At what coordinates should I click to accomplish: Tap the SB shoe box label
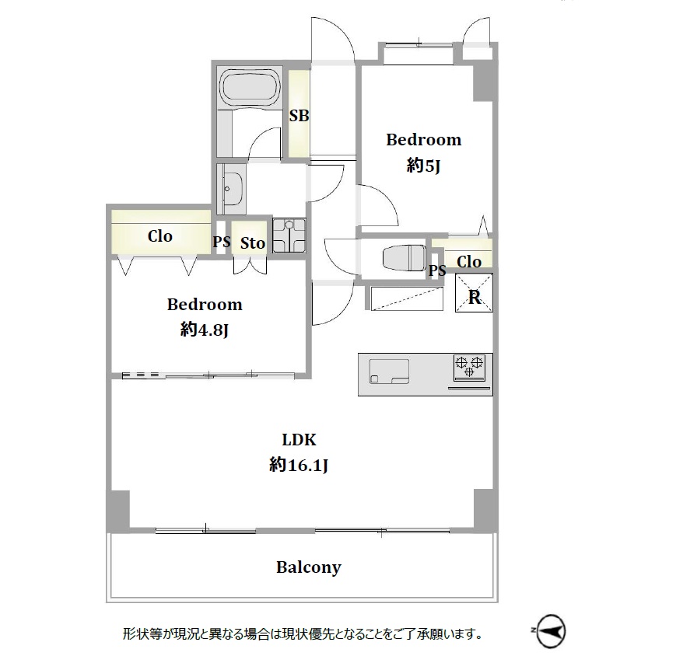(x=299, y=116)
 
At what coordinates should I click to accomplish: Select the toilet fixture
(x=404, y=257)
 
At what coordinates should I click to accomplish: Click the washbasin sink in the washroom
(x=233, y=189)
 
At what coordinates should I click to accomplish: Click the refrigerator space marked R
(x=474, y=292)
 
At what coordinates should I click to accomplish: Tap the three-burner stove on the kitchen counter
(x=470, y=368)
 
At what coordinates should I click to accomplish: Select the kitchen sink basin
(x=389, y=372)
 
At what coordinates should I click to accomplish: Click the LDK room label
(x=299, y=440)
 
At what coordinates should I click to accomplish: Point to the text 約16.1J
(x=299, y=466)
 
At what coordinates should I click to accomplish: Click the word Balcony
(x=309, y=567)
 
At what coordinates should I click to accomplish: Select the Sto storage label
(x=252, y=243)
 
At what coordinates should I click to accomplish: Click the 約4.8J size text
(x=204, y=330)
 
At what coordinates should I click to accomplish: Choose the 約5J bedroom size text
(x=423, y=166)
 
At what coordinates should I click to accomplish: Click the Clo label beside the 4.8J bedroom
(x=160, y=236)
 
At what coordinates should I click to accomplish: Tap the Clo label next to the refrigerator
(x=468, y=261)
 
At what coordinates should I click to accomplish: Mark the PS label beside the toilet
(x=436, y=270)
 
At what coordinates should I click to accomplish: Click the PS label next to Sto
(x=221, y=242)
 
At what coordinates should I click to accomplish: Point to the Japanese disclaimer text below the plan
(x=303, y=634)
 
